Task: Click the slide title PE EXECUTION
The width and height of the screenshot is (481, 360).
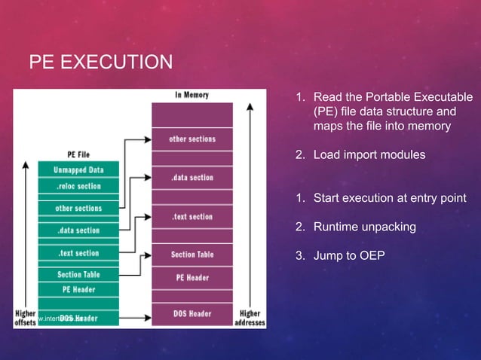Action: (100, 60)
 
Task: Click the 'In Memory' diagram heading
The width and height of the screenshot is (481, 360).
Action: (192, 95)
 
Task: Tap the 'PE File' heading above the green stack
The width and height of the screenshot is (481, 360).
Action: (78, 154)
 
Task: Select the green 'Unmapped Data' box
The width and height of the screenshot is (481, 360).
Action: (78, 170)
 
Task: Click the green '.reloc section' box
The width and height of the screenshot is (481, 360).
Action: (78, 186)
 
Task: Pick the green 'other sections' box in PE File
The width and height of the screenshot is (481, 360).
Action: (78, 208)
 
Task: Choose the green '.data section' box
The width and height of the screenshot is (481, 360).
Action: (78, 230)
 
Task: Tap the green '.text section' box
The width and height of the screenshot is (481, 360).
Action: (78, 253)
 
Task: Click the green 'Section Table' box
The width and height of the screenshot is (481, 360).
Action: (78, 275)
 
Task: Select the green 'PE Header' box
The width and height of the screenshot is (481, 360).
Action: (78, 289)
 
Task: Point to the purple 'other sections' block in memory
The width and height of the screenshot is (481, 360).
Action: (192, 139)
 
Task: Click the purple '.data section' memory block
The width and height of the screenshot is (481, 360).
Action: (192, 178)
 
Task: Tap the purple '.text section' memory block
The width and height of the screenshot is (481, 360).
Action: (192, 217)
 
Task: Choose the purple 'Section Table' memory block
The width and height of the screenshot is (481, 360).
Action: (192, 255)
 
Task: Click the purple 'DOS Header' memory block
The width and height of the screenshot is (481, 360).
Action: (192, 313)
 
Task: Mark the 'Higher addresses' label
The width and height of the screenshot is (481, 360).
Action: (250, 318)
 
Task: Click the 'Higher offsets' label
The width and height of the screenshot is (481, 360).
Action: (24, 318)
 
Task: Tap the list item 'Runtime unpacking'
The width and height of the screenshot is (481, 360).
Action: (364, 227)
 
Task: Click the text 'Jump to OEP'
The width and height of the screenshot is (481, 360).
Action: (349, 255)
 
